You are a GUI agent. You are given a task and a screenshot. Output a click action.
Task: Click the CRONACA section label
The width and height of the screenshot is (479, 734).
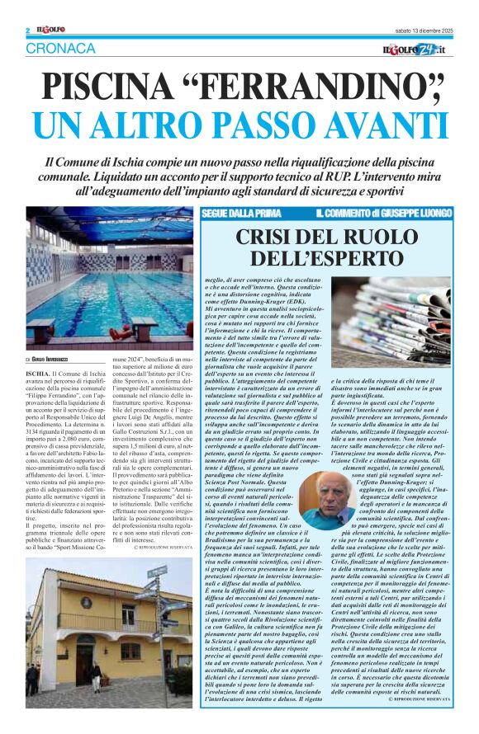tap(60, 49)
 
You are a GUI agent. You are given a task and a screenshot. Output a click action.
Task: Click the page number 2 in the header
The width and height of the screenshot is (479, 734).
tap(27, 31)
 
